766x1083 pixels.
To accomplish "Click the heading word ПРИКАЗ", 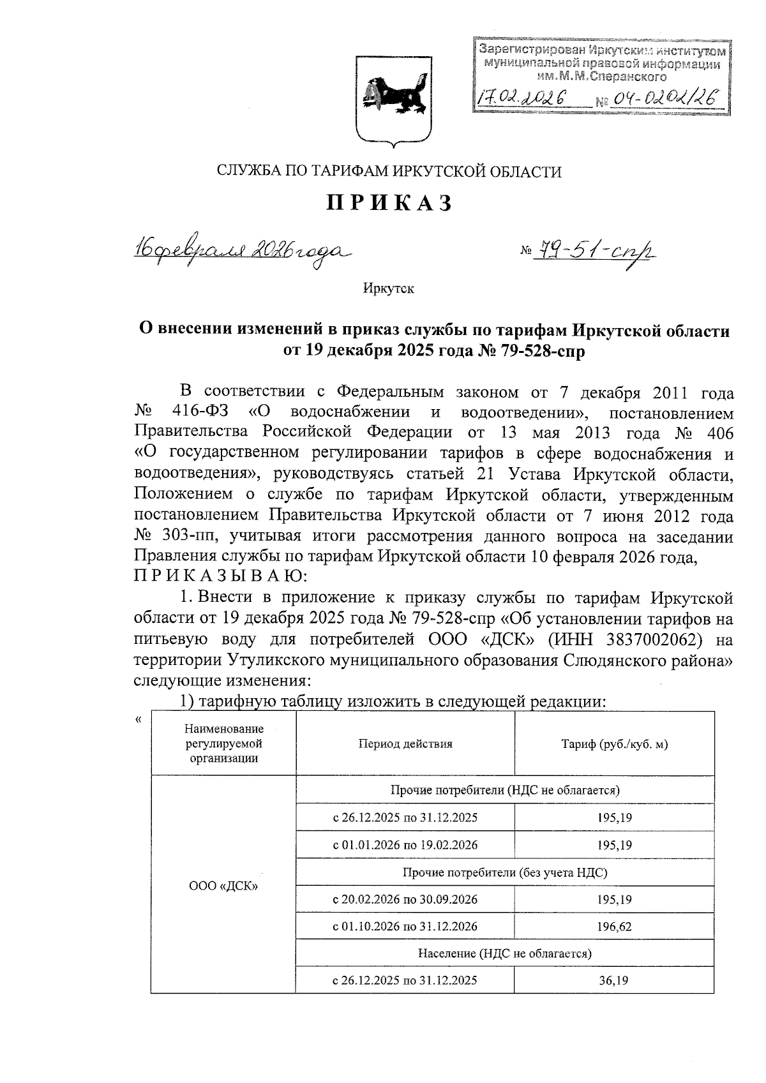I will [390, 203].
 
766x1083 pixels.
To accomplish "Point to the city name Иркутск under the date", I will [389, 288].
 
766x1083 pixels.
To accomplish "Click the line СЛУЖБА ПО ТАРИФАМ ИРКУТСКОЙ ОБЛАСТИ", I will [389, 171].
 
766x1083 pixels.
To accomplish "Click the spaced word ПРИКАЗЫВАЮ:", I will [221, 577].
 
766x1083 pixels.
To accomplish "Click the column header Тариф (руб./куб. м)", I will [614, 743].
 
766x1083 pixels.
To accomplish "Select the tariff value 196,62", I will [614, 927].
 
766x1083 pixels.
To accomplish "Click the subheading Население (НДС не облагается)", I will [504, 953].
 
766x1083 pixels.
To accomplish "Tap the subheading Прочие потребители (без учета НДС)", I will [504, 872].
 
